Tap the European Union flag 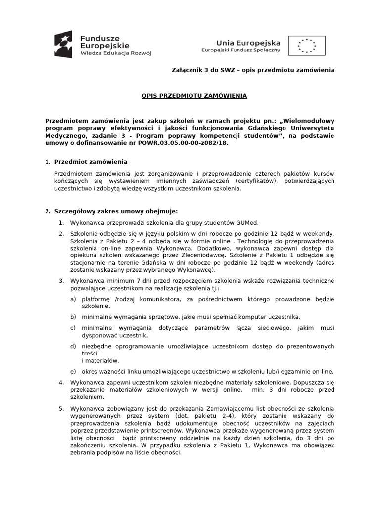point(307,46)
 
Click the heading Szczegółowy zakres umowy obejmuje point(112,211)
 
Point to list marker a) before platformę point(73,299)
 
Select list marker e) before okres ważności point(73,371)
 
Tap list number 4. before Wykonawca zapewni point(61,383)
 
